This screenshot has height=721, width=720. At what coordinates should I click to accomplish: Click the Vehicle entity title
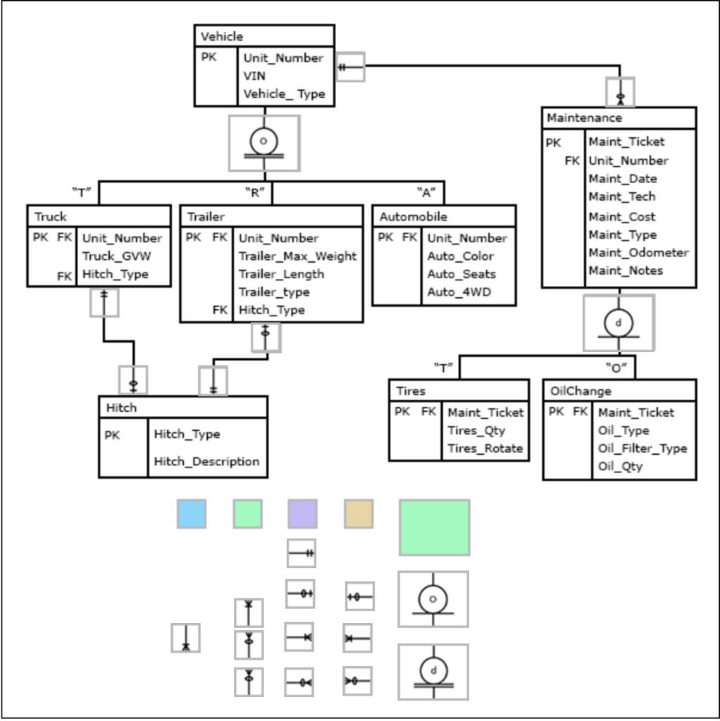pyautogui.click(x=223, y=37)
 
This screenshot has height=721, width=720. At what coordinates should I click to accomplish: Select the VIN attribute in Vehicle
pyautogui.click(x=254, y=76)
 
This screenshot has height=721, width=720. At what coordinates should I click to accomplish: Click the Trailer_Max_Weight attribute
pyautogui.click(x=297, y=256)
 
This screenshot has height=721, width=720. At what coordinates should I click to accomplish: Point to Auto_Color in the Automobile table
pyautogui.click(x=460, y=256)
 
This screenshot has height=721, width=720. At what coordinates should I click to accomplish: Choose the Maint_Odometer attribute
pyautogui.click(x=638, y=253)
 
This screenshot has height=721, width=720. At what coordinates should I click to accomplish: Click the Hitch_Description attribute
pyautogui.click(x=206, y=462)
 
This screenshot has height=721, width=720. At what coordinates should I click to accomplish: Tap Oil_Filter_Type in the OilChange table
pyautogui.click(x=642, y=449)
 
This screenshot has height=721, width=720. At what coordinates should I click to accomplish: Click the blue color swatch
pyautogui.click(x=192, y=514)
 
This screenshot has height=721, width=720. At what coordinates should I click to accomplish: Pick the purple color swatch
pyautogui.click(x=302, y=514)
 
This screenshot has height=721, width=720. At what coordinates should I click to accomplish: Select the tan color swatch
pyautogui.click(x=358, y=514)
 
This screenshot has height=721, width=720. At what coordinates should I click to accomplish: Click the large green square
pyautogui.click(x=434, y=527)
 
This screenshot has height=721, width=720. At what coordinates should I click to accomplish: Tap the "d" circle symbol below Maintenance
pyautogui.click(x=619, y=322)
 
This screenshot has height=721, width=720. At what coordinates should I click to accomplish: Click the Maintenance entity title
pyautogui.click(x=574, y=118)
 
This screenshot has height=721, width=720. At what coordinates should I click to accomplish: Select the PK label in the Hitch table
pyautogui.click(x=113, y=435)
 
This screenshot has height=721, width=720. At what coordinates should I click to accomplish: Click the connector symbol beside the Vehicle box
pyautogui.click(x=350, y=67)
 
